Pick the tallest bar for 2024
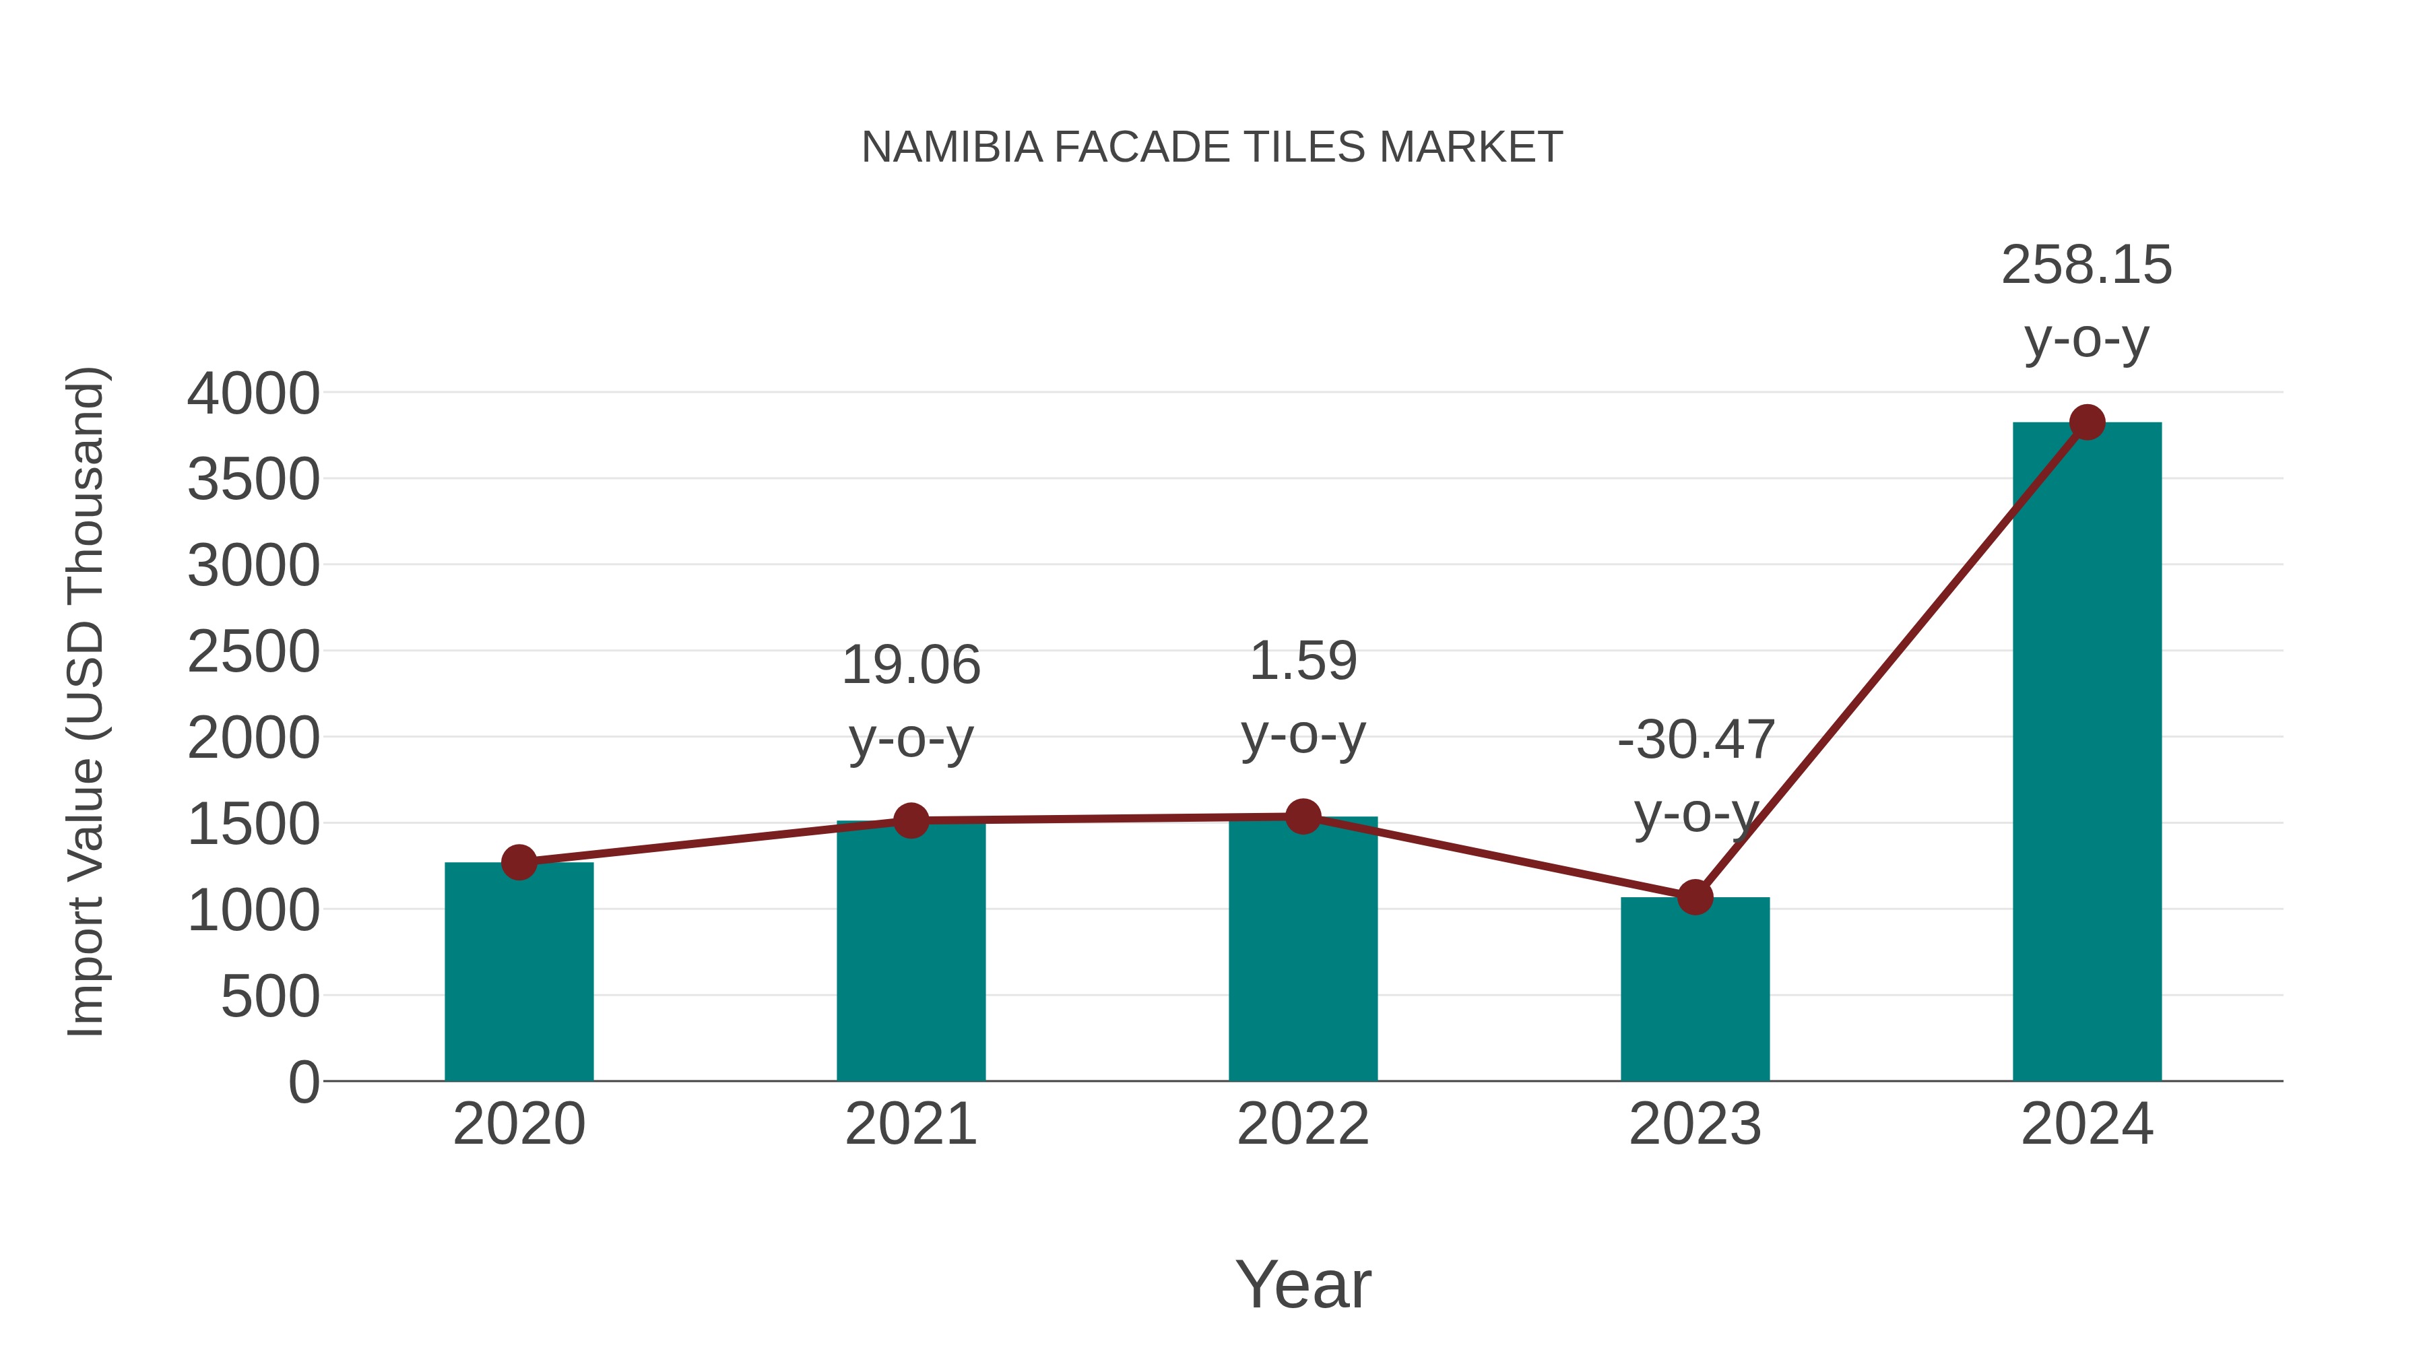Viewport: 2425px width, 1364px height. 2087,753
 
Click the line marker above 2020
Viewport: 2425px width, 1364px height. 519,862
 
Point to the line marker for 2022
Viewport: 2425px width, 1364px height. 1303,816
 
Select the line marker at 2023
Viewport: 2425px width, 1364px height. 1695,897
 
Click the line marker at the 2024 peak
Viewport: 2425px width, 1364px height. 2087,422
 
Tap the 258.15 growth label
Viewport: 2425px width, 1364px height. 2086,265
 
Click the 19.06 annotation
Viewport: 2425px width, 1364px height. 910,665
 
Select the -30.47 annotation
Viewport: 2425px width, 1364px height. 1695,740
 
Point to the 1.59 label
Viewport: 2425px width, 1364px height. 1303,661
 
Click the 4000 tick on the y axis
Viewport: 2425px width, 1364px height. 253,393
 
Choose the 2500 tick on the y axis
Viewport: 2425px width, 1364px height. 253,652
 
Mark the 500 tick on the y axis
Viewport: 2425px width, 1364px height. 269,997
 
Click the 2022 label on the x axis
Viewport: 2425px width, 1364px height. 1303,1124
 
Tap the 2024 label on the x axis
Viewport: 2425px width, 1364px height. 2087,1124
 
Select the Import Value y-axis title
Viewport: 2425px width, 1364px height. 85,701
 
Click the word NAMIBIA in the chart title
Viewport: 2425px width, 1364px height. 952,148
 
